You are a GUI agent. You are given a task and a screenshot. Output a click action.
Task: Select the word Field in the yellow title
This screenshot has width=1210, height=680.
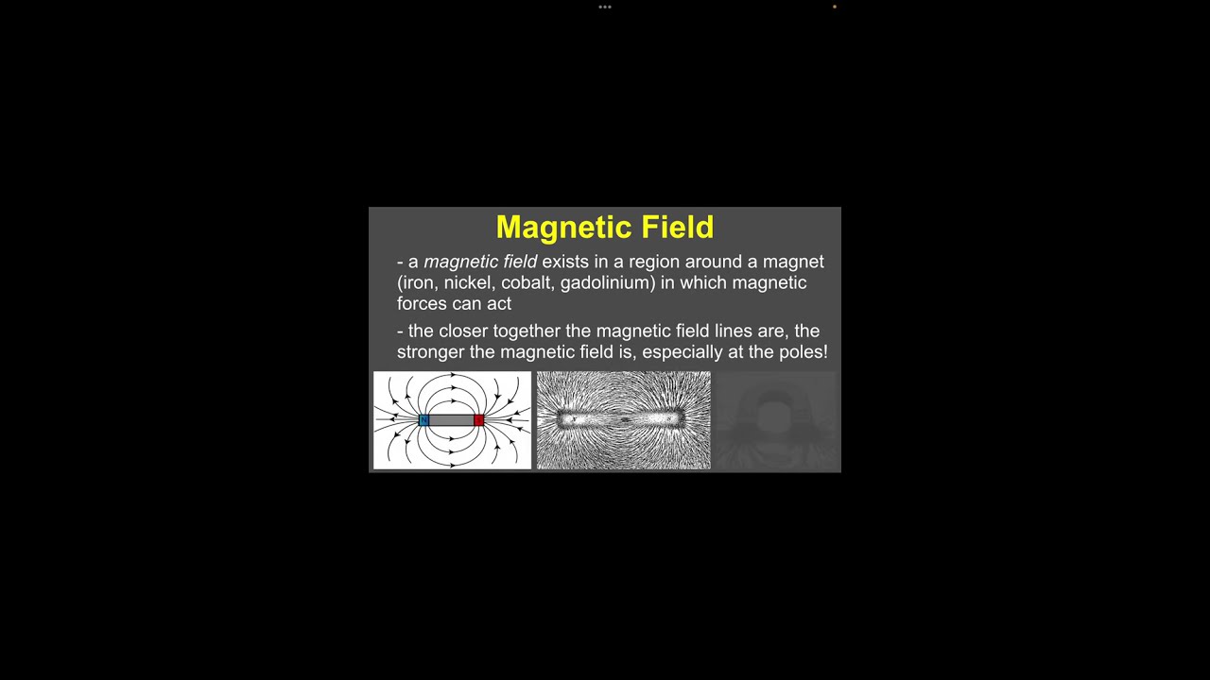pyautogui.click(x=678, y=228)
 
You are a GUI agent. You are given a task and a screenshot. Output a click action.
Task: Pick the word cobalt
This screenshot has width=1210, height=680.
pyautogui.click(x=527, y=282)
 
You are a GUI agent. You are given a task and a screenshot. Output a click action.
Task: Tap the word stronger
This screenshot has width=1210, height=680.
pyautogui.click(x=430, y=351)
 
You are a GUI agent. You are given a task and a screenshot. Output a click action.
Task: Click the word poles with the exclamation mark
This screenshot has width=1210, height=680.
pyautogui.click(x=804, y=351)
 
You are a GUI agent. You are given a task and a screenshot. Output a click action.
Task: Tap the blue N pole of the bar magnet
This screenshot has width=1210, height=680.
pyautogui.click(x=423, y=420)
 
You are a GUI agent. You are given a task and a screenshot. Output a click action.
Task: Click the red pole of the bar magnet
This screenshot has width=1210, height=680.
pyautogui.click(x=478, y=420)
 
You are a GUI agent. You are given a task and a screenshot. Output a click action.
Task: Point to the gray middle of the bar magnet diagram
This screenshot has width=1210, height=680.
pyautogui.click(x=451, y=420)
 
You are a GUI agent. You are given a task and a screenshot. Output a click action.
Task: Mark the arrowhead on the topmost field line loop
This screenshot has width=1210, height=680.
pyautogui.click(x=453, y=376)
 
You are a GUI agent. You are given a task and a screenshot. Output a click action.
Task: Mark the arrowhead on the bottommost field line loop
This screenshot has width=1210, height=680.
pyautogui.click(x=452, y=465)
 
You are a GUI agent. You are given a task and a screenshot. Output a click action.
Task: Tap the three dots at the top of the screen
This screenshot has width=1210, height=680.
pyautogui.click(x=605, y=8)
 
